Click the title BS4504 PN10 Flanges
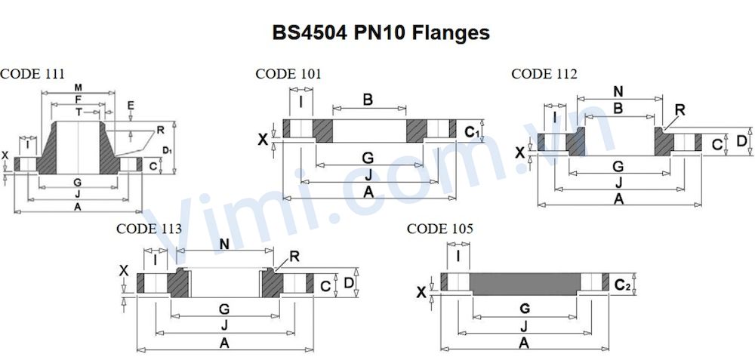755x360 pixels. click(x=381, y=33)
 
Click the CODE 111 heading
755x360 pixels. click(x=32, y=74)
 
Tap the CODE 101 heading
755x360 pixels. click(x=288, y=74)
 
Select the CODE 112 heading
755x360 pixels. click(x=544, y=74)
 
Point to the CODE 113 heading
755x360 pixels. click(x=149, y=229)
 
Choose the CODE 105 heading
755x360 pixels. click(x=440, y=229)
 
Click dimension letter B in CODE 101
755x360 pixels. click(x=368, y=100)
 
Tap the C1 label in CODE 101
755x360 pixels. click(x=472, y=133)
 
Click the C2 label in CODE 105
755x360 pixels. click(x=622, y=285)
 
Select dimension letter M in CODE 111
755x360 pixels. click(x=78, y=88)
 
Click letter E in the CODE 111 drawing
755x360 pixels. click(x=131, y=105)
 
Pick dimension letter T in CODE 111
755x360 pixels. click(x=78, y=111)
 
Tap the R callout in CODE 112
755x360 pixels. click(x=679, y=109)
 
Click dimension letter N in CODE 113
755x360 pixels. click(x=223, y=244)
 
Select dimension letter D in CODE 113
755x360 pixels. click(x=348, y=283)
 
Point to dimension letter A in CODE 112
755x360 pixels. click(x=618, y=198)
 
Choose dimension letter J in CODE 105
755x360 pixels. click(x=524, y=325)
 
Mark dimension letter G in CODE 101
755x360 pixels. click(x=368, y=158)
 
